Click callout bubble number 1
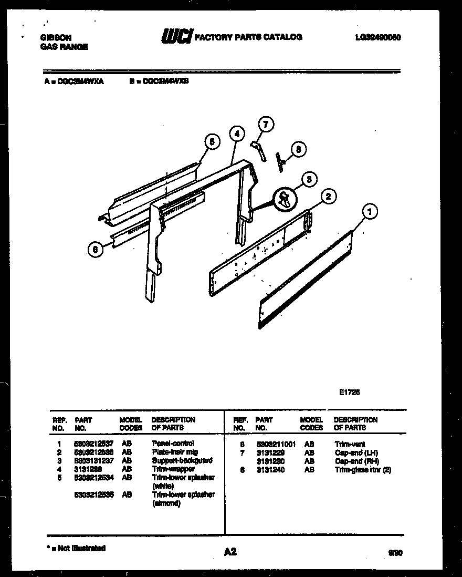[x=370, y=212]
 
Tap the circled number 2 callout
[x=328, y=197]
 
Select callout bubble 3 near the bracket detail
[x=309, y=180]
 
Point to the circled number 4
[x=237, y=134]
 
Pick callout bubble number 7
[x=266, y=125]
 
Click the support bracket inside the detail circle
[x=285, y=199]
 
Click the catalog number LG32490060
[x=378, y=37]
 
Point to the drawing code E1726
[x=349, y=391]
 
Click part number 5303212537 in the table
[x=94, y=444]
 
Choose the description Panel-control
[x=173, y=444]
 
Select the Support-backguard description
[x=182, y=460]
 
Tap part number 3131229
[x=270, y=452]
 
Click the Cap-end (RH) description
[x=356, y=461]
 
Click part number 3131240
[x=270, y=470]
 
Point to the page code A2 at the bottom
[x=230, y=552]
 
